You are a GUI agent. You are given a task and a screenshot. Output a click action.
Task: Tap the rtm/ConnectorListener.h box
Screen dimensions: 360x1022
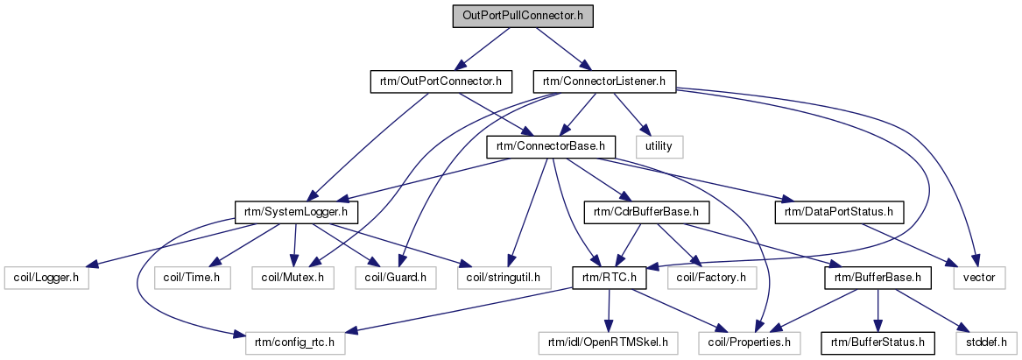(604, 82)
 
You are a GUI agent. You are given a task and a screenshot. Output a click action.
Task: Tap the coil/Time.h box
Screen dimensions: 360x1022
(192, 278)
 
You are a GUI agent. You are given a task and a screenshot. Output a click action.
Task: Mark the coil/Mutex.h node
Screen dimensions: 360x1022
(293, 278)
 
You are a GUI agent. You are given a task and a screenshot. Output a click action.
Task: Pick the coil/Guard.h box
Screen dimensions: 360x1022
(396, 278)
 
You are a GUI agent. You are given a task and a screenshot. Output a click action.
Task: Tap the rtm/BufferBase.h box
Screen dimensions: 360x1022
(877, 278)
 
